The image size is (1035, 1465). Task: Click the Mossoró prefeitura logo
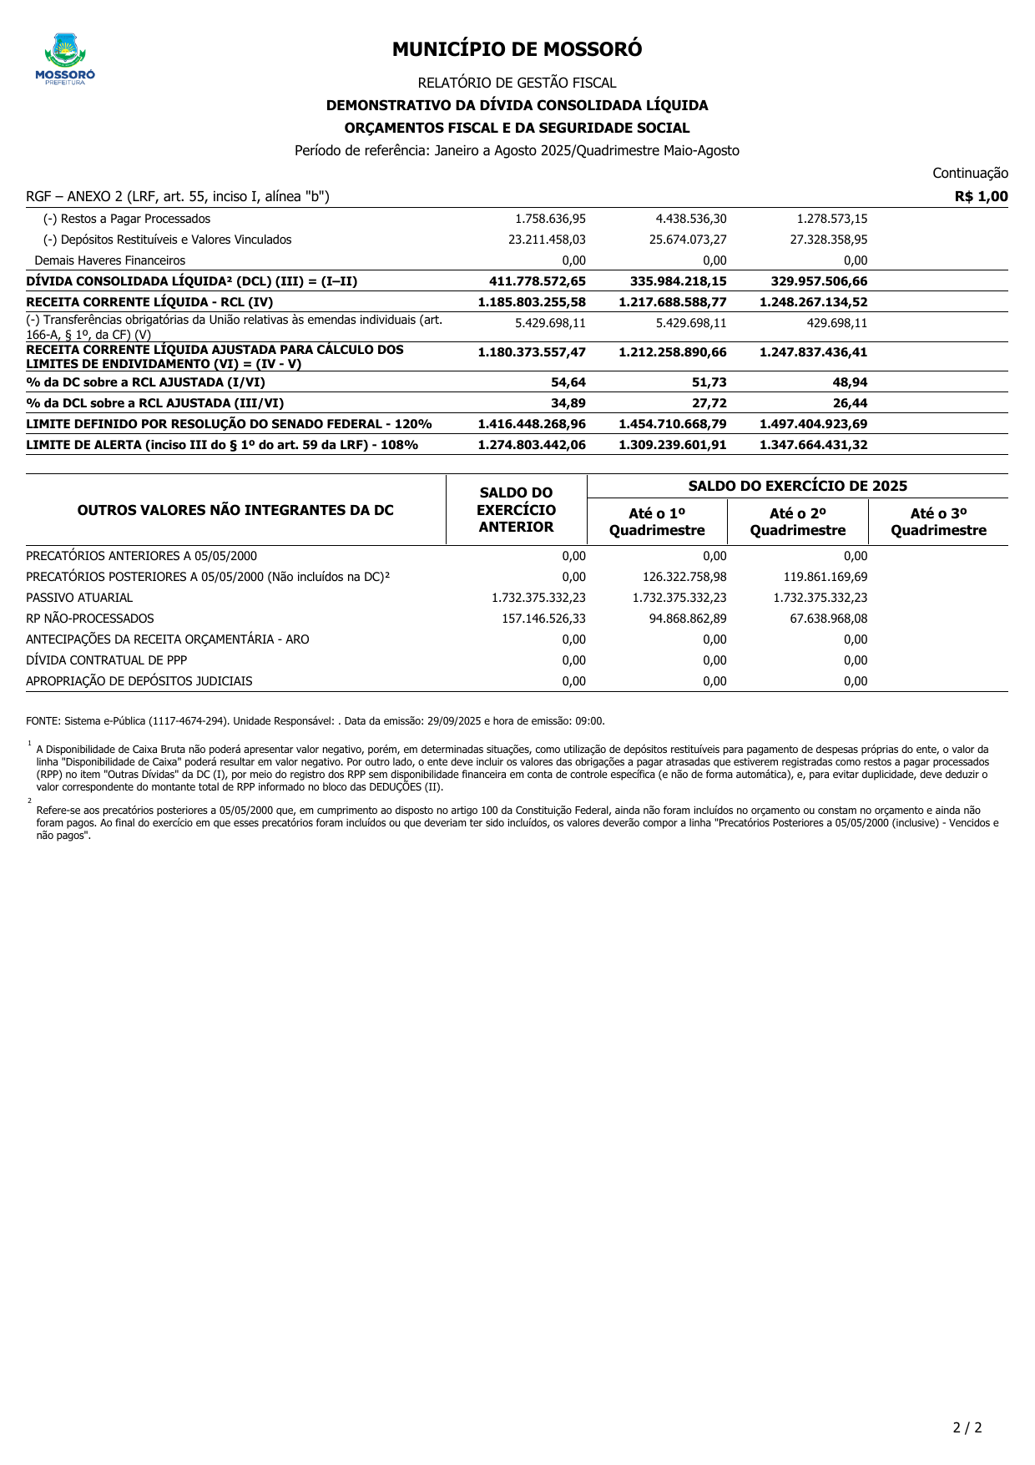65,58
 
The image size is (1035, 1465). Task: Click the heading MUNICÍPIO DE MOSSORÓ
517,50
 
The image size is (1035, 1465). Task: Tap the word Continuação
970,174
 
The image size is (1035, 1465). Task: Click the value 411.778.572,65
538,281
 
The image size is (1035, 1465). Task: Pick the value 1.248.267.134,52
813,302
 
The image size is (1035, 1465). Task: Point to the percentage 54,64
568,382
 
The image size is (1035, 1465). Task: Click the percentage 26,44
850,403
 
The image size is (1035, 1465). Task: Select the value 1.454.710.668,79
672,424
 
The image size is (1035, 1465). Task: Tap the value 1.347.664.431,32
813,445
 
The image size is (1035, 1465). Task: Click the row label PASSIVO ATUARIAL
79,598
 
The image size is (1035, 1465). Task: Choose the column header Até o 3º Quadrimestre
938,523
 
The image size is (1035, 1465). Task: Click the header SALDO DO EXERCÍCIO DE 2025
797,486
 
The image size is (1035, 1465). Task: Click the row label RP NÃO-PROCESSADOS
90,619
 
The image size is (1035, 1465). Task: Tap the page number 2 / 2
967,1427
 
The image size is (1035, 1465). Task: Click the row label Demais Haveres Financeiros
110,260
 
